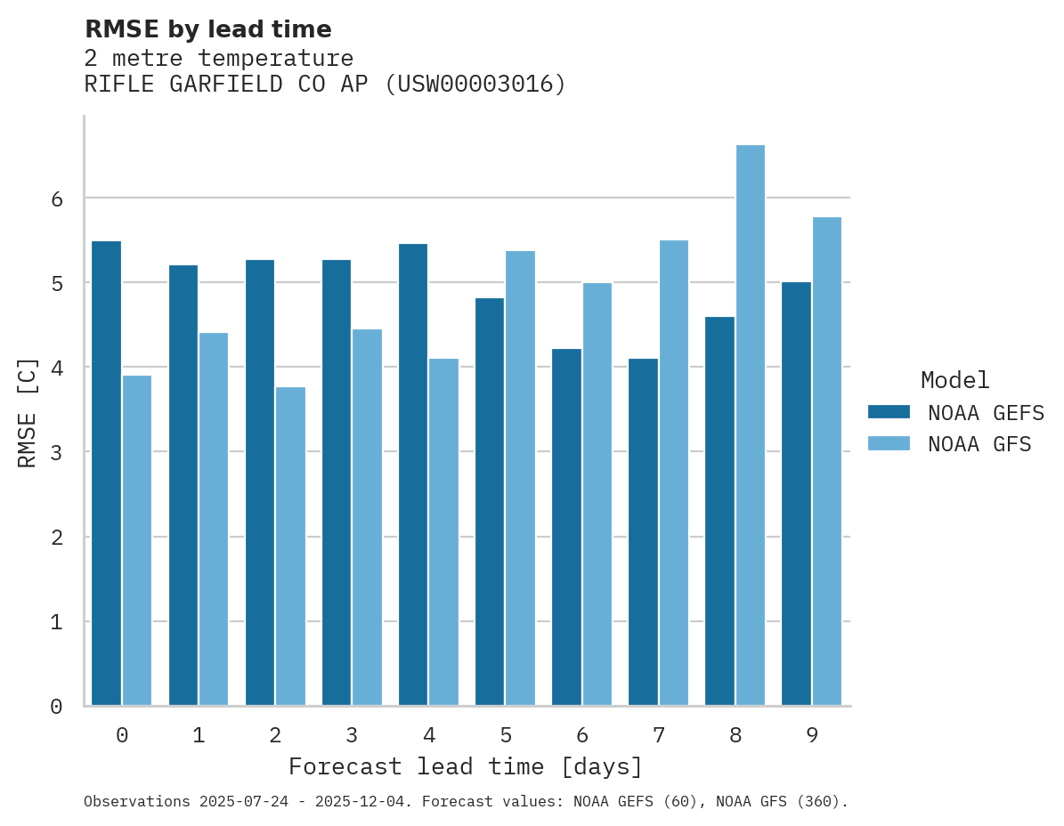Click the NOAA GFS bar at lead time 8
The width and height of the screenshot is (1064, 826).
pos(751,425)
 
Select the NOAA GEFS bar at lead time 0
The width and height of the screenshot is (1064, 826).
pos(106,474)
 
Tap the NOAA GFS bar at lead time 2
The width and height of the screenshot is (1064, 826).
pos(290,547)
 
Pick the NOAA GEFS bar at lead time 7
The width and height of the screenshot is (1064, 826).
pos(643,532)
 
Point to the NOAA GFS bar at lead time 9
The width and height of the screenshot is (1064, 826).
pos(827,461)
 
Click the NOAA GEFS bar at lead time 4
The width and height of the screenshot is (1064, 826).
pos(413,474)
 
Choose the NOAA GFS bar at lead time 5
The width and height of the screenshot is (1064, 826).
pos(520,478)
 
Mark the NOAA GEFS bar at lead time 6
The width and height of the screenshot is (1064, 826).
pos(566,527)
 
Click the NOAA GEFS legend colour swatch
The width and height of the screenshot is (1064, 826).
pos(889,412)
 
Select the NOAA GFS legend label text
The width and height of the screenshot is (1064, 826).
pos(979,444)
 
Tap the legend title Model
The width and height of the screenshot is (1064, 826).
pos(954,381)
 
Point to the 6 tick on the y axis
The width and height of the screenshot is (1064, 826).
pos(57,198)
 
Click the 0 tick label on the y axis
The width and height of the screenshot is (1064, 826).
pos(57,707)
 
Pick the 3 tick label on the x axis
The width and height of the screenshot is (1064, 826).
pos(352,735)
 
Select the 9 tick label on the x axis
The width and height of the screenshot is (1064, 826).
pos(812,735)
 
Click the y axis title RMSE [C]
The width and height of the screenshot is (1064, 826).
pos(28,412)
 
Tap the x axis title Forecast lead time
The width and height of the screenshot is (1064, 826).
pos(465,766)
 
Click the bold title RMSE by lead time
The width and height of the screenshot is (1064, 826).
pos(207,29)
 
